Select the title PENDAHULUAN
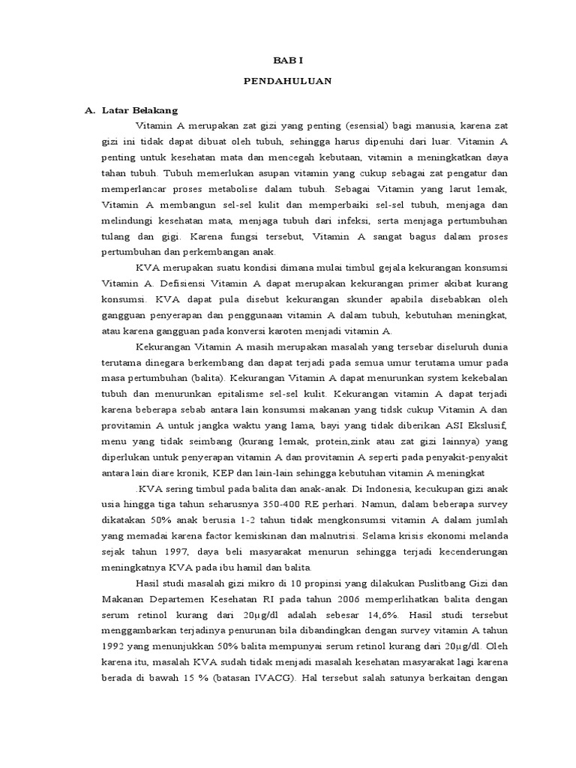[288, 80]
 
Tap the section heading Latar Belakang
[137, 110]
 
